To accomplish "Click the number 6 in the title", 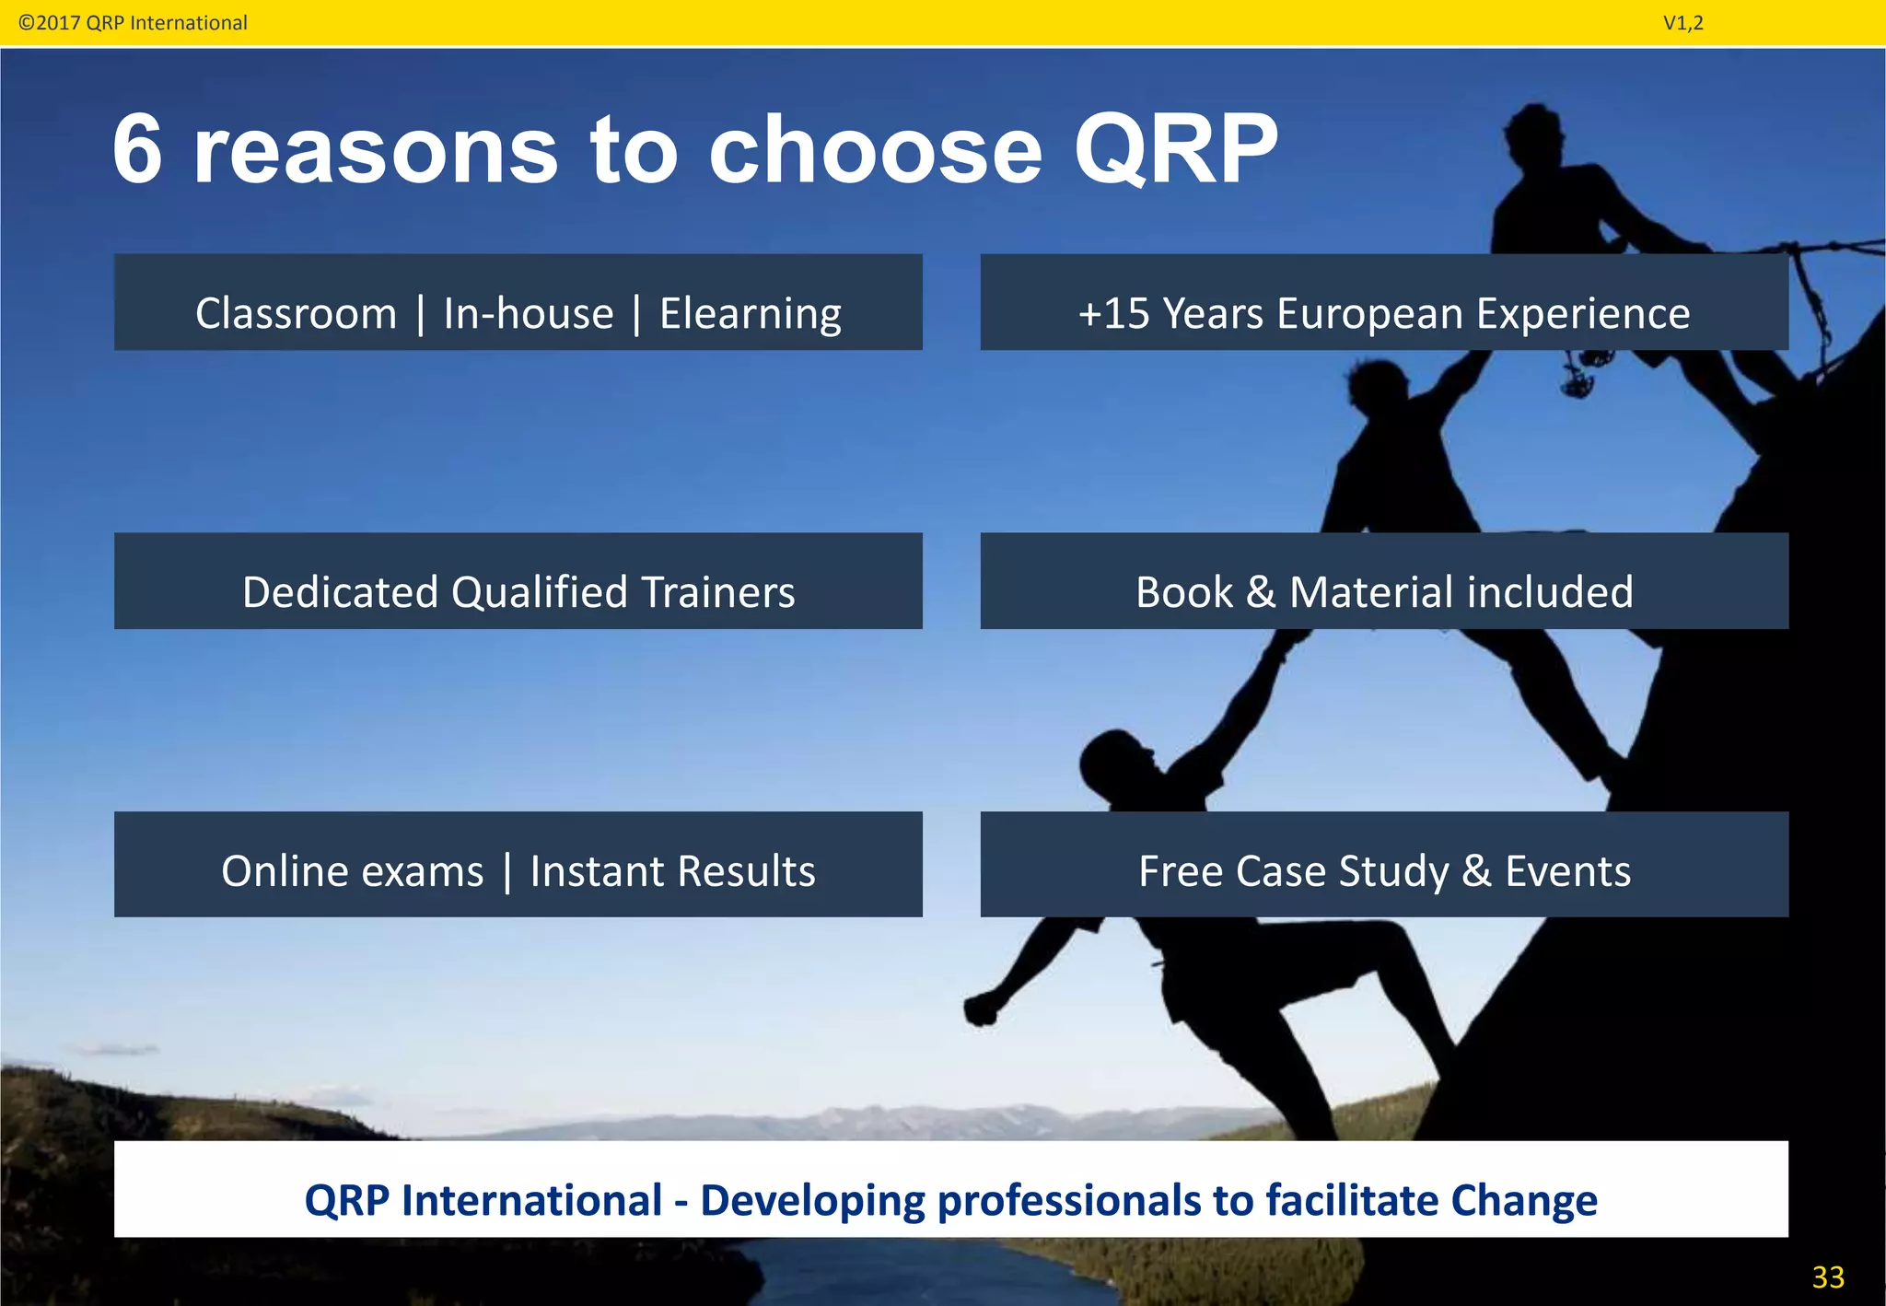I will click(138, 150).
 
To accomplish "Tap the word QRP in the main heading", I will click(1176, 150).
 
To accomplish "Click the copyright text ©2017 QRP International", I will click(133, 23).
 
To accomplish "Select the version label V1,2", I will click(1682, 23).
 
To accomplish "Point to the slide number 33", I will click(1827, 1277).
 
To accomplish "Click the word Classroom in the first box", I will click(296, 313).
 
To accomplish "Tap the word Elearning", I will click(750, 313).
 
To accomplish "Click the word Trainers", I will click(717, 592).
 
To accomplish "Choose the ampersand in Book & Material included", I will click(1261, 592).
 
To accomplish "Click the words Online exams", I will click(352, 871).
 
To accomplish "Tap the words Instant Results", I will click(672, 871).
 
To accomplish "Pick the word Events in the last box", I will click(1567, 871).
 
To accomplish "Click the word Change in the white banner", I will click(1523, 1201).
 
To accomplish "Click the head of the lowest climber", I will click(1114, 760).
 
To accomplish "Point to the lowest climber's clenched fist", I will click(980, 1009).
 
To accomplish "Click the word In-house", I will click(528, 313).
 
